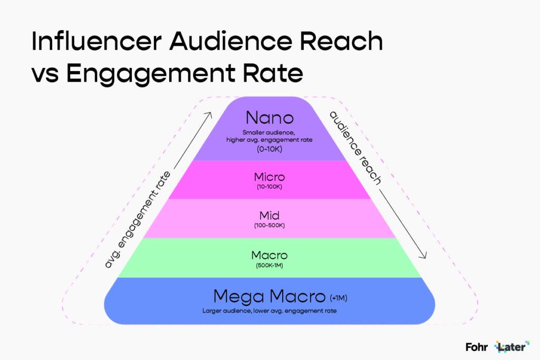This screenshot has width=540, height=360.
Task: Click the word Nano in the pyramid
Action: coord(269,118)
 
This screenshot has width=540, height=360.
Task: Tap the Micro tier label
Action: coord(269,177)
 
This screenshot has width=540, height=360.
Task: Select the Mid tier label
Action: coord(269,216)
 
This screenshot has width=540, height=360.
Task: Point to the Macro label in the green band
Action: coord(269,255)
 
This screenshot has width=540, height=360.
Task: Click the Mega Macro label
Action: coord(269,296)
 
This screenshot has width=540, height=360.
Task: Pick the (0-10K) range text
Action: coord(269,149)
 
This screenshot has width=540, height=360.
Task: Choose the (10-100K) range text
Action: coord(269,187)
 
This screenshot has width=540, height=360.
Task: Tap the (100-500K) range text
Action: coord(269,226)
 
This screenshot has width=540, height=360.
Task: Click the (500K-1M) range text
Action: coord(269,266)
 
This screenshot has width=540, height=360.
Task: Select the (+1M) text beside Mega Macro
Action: coord(339,298)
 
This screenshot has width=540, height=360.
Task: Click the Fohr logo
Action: coord(477,347)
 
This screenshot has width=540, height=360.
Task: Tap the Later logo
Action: coord(512,347)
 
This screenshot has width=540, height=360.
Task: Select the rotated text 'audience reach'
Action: coord(356,148)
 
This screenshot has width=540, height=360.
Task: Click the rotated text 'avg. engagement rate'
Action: coord(138,220)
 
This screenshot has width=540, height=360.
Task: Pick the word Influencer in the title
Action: coord(97,41)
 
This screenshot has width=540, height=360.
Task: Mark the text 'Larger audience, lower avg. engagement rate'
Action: coord(269,311)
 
